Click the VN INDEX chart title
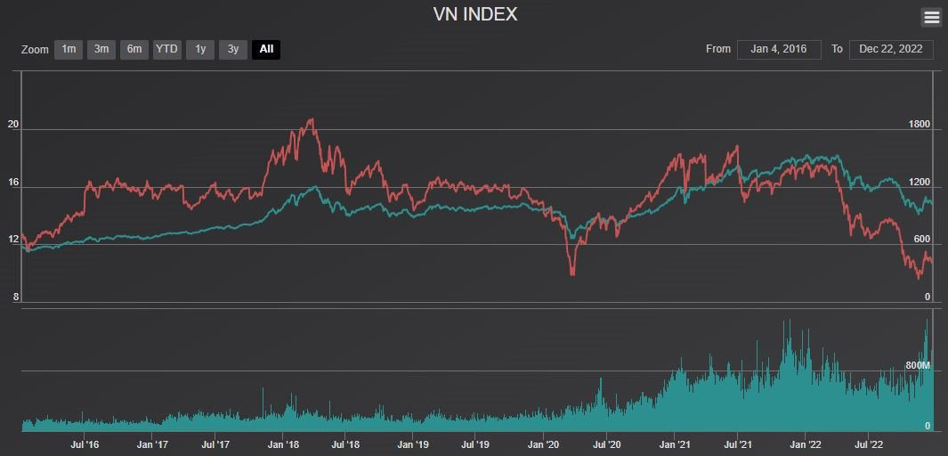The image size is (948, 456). pyautogui.click(x=474, y=14)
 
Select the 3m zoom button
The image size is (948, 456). pyautogui.click(x=101, y=49)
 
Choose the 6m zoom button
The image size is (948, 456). pyautogui.click(x=134, y=49)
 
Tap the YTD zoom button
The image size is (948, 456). pyautogui.click(x=166, y=49)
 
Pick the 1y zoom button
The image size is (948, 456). pyautogui.click(x=200, y=49)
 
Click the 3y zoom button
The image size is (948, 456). pyautogui.click(x=233, y=49)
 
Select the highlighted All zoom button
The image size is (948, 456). pyautogui.click(x=266, y=49)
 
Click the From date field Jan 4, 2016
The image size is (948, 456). pyautogui.click(x=778, y=49)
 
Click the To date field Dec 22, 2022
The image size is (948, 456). pyautogui.click(x=891, y=49)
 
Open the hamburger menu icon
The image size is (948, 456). pyautogui.click(x=931, y=17)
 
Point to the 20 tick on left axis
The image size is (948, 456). pyautogui.click(x=13, y=125)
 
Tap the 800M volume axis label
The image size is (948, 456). pyautogui.click(x=917, y=366)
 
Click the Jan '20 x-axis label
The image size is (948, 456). pyautogui.click(x=544, y=444)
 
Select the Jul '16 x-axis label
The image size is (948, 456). pyautogui.click(x=84, y=444)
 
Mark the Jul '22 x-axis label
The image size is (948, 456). pyautogui.click(x=870, y=444)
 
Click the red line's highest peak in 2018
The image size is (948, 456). pyautogui.click(x=311, y=119)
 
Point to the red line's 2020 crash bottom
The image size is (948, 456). pyautogui.click(x=572, y=274)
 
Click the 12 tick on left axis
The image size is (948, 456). pyautogui.click(x=13, y=240)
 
